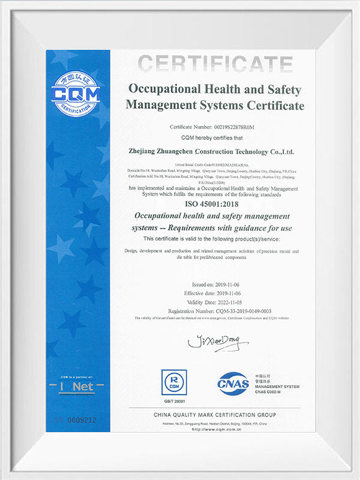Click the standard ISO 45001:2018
pos(214,203)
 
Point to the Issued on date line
pos(214,284)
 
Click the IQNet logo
pos(76,387)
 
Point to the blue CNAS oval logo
pos(233,383)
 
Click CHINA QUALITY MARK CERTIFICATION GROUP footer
pos(214,415)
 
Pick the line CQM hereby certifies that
pos(215,137)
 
